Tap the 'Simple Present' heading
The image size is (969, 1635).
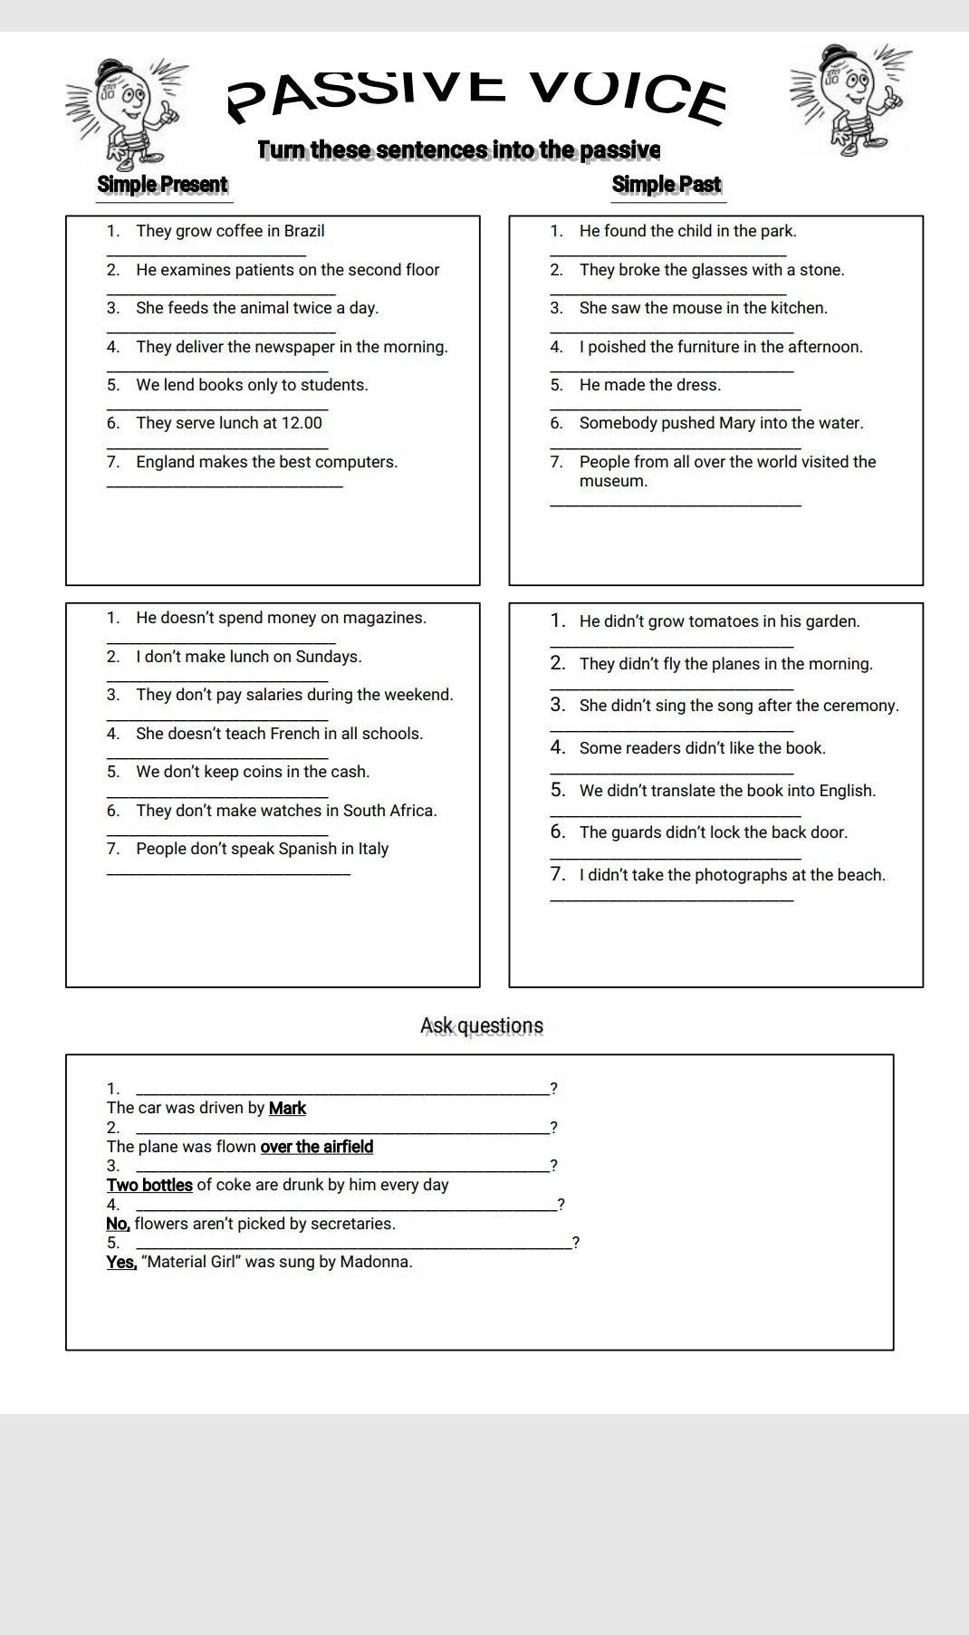162,185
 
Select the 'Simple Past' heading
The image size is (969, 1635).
667,185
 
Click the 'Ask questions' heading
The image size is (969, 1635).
482,1025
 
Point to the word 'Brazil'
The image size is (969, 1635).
304,231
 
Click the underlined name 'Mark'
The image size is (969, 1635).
287,1108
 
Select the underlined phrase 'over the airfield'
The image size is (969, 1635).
317,1147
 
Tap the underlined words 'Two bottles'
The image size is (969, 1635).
149,1185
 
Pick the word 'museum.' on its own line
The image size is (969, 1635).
613,481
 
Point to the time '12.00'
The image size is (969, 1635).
302,423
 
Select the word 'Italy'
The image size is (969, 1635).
373,849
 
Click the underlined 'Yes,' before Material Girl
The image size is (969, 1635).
121,1262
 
